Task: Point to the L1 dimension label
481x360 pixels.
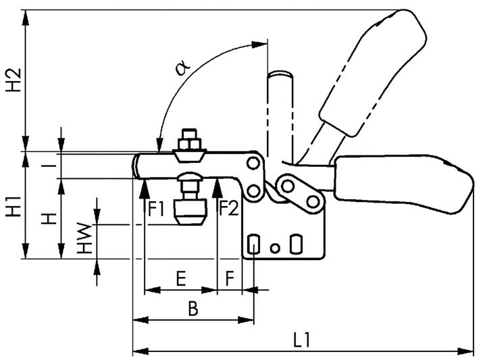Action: (x=301, y=337)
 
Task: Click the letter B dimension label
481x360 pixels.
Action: (x=193, y=309)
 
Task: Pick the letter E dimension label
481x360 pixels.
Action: (x=180, y=278)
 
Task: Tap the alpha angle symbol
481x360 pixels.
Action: (x=181, y=67)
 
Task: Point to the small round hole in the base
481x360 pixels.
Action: (x=274, y=247)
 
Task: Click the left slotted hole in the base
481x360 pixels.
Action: (x=254, y=244)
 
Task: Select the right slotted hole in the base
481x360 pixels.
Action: (x=295, y=244)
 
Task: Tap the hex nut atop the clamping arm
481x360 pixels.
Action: (x=188, y=143)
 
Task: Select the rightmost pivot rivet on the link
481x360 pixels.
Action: (x=313, y=201)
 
